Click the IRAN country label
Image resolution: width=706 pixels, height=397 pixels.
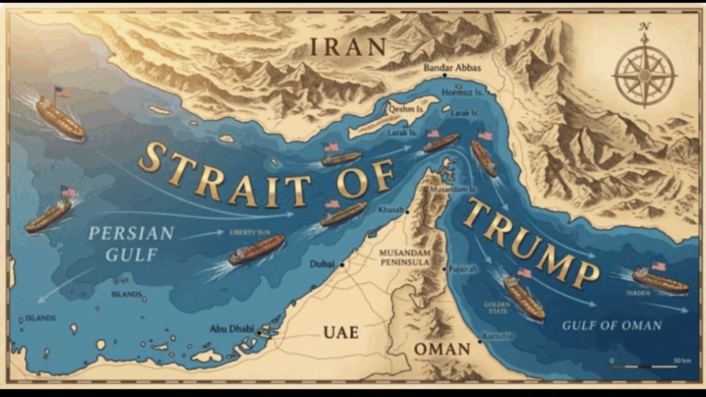coord(347,46)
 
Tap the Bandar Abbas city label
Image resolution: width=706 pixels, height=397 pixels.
coord(452,68)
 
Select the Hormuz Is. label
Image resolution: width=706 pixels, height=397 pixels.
coord(462,93)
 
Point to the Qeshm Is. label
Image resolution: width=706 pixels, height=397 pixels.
coord(407,110)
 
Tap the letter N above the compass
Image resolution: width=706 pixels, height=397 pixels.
coord(644,26)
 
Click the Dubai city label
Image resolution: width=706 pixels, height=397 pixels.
coord(322,264)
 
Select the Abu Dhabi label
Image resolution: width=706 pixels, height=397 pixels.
coord(231,329)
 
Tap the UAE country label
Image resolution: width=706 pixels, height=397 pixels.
coord(341,332)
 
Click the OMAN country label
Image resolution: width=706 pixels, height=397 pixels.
coord(442,349)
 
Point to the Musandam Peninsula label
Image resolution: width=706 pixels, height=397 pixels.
coord(404,257)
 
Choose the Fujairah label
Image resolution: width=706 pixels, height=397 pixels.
coord(463,269)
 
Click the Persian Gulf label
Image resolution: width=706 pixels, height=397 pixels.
coord(131,243)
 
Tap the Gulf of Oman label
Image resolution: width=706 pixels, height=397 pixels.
coord(612,325)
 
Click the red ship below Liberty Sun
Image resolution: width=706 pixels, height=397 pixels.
coord(257,249)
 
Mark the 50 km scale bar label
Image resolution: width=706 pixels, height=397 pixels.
coord(682,361)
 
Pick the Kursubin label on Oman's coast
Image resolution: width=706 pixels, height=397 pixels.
coord(498,336)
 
